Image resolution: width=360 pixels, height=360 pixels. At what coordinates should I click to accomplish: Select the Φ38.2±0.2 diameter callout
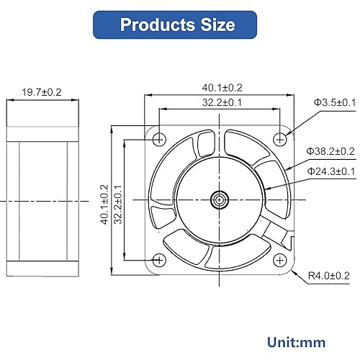(x=330, y=151)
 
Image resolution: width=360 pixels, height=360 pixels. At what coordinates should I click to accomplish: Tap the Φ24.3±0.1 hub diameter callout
(x=330, y=171)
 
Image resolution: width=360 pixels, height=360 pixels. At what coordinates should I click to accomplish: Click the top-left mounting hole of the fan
(x=160, y=138)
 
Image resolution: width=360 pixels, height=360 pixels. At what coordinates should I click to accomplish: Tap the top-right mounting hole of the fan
(x=280, y=138)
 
